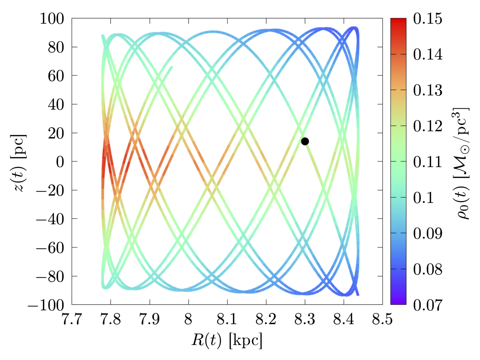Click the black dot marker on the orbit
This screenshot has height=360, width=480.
pyautogui.click(x=305, y=141)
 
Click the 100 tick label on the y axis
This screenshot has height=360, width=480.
pyautogui.click(x=52, y=19)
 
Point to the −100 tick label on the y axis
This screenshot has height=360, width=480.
pyautogui.click(x=46, y=305)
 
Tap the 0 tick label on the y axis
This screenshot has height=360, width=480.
pyautogui.click(x=60, y=162)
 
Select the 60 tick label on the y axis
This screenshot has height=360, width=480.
pyautogui.click(x=56, y=76)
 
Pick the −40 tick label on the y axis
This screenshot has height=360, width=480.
pyautogui.click(x=50, y=219)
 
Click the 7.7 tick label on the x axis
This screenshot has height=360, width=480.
pyautogui.click(x=72, y=319)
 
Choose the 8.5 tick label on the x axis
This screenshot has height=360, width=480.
pyautogui.click(x=382, y=319)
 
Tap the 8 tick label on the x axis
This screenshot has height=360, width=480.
pyautogui.click(x=188, y=319)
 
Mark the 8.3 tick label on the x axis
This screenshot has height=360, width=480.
pyautogui.click(x=305, y=319)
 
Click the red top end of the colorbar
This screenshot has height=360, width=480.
pyautogui.click(x=398, y=21)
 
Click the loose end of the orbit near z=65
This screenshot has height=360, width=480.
pyautogui.click(x=172, y=67)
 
